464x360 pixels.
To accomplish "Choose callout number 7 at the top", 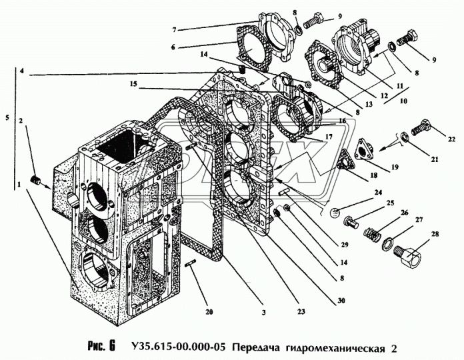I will click(x=173, y=30).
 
